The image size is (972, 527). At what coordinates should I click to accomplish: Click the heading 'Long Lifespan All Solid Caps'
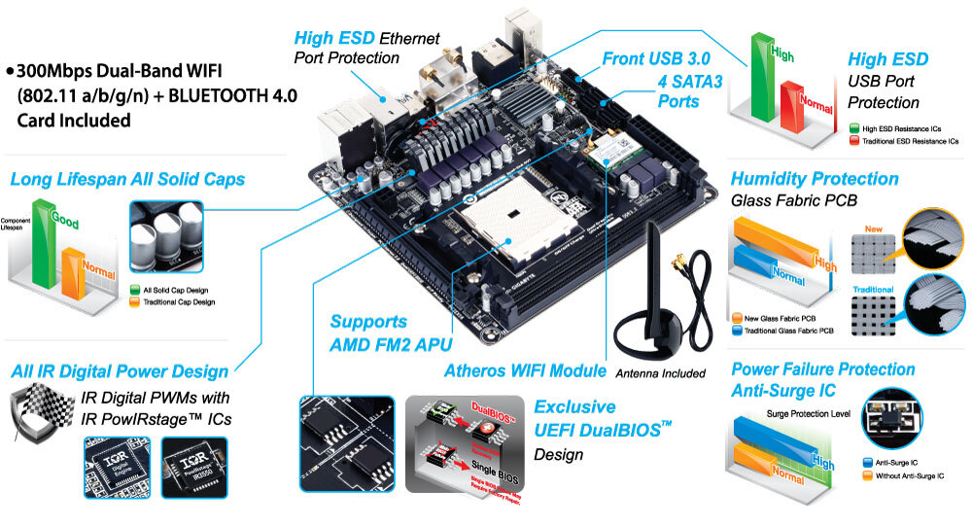pyautogui.click(x=126, y=180)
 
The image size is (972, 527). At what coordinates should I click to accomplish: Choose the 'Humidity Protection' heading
pyautogui.click(x=814, y=179)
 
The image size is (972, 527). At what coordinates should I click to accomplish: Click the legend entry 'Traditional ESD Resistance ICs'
pyautogui.click(x=909, y=141)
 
